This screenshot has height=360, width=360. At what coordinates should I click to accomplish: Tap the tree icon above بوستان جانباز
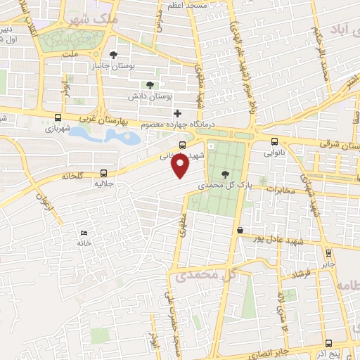click(114, 55)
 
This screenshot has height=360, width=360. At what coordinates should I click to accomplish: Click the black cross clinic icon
click(177, 113)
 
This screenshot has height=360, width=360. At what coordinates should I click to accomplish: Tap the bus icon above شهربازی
click(58, 118)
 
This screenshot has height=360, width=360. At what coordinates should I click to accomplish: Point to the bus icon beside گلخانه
click(104, 172)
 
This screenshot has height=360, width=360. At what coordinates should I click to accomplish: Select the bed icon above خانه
click(84, 233)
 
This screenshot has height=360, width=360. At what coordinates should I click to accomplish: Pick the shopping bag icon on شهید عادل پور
click(240, 230)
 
